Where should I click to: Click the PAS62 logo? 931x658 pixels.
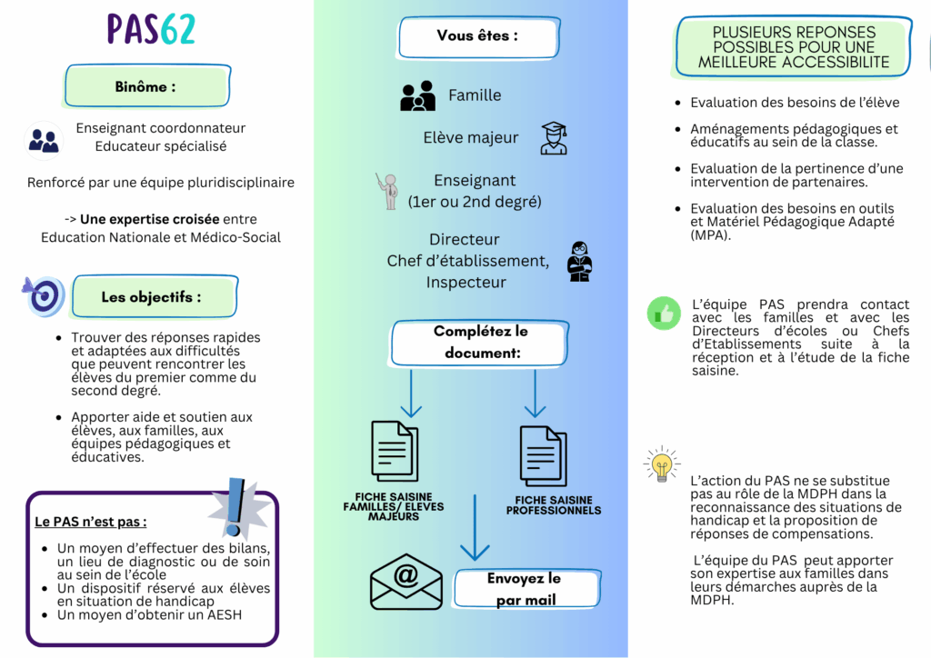[x=151, y=30]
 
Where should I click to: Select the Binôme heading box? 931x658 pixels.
[x=146, y=87]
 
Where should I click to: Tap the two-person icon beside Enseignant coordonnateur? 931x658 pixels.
[x=44, y=140]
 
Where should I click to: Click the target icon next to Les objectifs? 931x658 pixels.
[x=44, y=295]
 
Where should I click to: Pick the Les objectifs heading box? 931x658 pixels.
[x=152, y=297]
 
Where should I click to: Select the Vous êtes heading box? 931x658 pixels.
[x=476, y=37]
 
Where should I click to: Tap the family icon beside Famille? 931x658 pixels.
[x=418, y=96]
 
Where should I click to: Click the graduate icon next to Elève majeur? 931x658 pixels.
[x=554, y=138]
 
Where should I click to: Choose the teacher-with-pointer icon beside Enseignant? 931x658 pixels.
[x=388, y=191]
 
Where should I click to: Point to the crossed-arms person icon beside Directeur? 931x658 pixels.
[x=579, y=261]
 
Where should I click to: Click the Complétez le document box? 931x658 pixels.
[x=481, y=342]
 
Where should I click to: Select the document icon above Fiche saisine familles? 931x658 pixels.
[x=395, y=451]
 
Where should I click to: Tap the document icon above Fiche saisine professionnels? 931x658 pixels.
[x=543, y=454]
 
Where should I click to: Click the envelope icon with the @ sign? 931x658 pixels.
[x=405, y=582]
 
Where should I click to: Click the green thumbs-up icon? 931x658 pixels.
[x=664, y=314]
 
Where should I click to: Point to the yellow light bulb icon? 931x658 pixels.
[x=662, y=464]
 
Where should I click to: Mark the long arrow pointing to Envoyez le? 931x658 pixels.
[x=475, y=528]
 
